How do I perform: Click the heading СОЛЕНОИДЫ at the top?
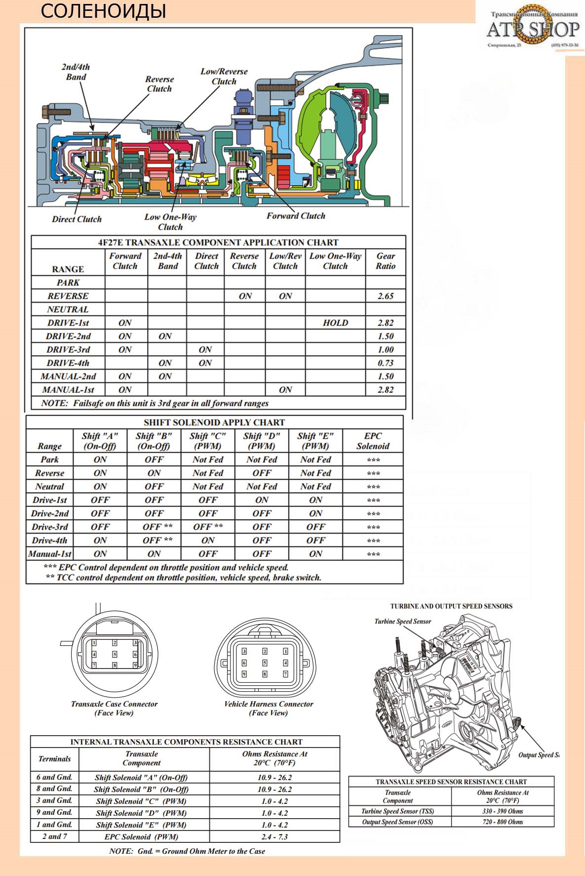[103, 11]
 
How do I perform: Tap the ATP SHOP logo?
[532, 29]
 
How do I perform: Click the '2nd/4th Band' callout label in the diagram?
[76, 72]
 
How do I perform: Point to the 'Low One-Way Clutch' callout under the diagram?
[170, 222]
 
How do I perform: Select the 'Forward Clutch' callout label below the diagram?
[296, 216]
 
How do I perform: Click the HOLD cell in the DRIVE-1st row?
[335, 323]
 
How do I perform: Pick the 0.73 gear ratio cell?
[385, 363]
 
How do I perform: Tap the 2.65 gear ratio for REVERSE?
[385, 296]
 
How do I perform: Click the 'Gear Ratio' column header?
[385, 261]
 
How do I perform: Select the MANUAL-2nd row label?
[68, 376]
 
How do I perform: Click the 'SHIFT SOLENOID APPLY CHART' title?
[214, 422]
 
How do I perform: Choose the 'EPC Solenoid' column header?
[373, 441]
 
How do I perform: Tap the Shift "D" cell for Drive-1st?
[262, 500]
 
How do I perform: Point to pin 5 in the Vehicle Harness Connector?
[265, 663]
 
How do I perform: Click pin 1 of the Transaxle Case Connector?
[94, 643]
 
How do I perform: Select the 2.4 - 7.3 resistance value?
[274, 836]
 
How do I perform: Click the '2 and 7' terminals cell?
[54, 836]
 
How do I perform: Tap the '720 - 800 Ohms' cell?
[503, 822]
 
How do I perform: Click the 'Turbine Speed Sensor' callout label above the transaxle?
[402, 622]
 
